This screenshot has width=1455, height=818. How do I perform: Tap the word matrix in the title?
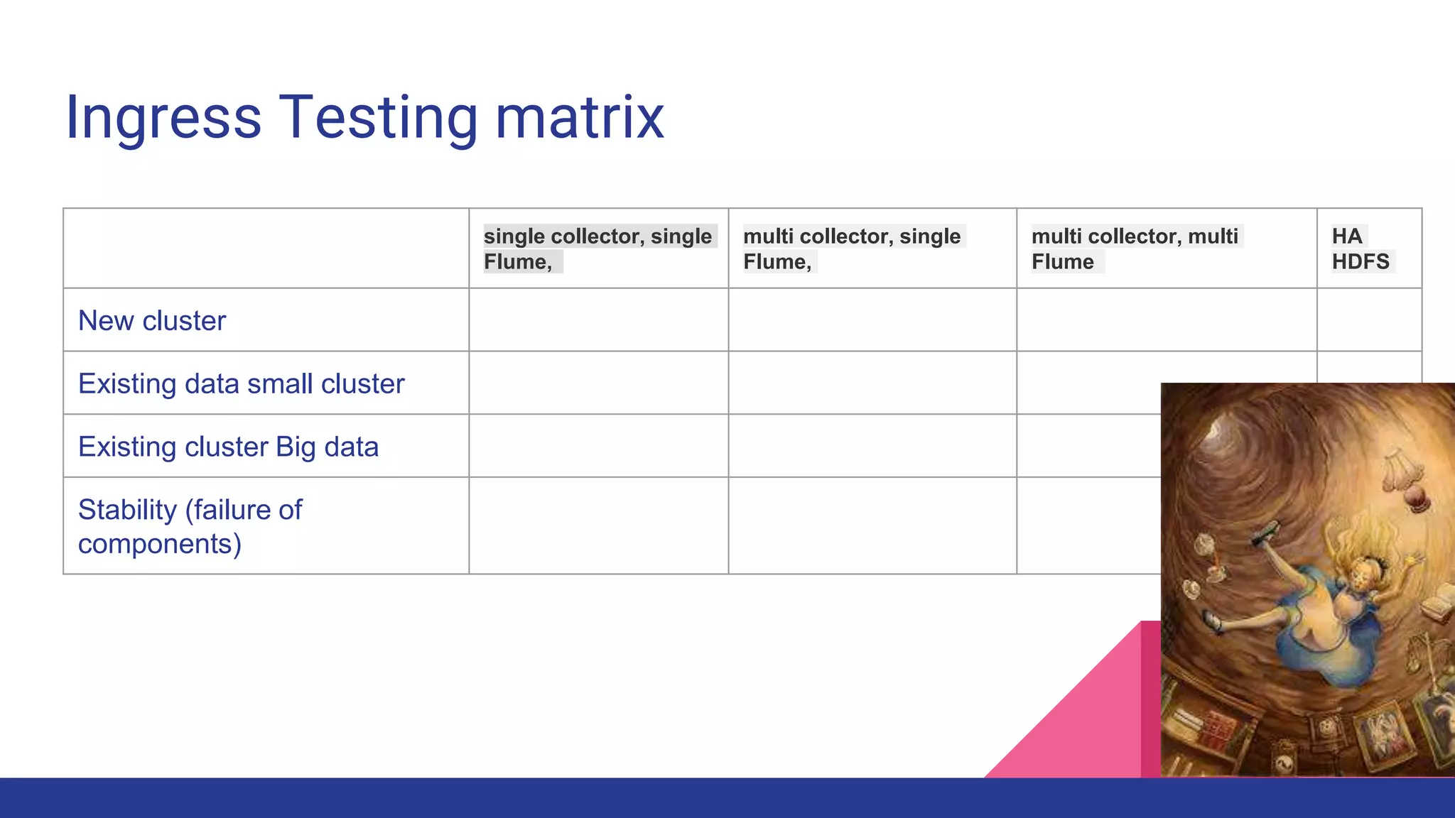579,117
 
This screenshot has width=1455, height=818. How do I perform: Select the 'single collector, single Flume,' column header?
597,249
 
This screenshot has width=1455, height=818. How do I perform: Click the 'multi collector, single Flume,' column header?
852,249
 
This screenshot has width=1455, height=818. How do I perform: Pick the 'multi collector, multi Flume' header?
1135,249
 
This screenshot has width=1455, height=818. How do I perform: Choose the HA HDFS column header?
1360,249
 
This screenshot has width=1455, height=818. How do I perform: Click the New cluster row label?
152,321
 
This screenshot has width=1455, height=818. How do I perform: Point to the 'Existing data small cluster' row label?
241,384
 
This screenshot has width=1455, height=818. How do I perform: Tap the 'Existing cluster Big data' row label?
228,447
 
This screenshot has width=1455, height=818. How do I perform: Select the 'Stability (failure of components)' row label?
190,526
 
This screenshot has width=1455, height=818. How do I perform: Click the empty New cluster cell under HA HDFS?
1369,320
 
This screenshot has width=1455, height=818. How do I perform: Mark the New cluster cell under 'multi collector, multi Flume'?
1167,320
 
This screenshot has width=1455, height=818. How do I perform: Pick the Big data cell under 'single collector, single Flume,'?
598,446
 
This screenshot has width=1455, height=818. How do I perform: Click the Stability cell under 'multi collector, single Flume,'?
872,525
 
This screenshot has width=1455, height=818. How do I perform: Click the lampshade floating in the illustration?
1401,469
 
